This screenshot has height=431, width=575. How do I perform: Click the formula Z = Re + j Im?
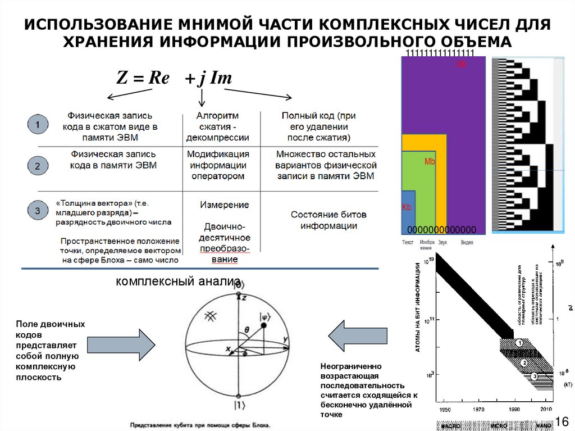pyautogui.click(x=174, y=78)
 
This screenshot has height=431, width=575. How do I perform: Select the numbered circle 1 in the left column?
pyautogui.click(x=37, y=125)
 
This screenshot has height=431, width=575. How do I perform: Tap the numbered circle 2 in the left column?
pyautogui.click(x=37, y=166)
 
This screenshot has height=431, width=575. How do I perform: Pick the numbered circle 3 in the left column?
pyautogui.click(x=37, y=211)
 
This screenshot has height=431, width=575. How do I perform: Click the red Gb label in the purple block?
pyautogui.click(x=461, y=65)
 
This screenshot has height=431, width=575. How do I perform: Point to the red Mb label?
pyautogui.click(x=430, y=162)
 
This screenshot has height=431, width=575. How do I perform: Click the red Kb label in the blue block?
pyautogui.click(x=407, y=207)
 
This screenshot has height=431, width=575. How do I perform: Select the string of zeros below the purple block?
pyautogui.click(x=441, y=230)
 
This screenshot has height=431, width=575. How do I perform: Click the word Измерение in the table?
pyautogui.click(x=224, y=205)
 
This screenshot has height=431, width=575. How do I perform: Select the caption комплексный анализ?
pyautogui.click(x=179, y=281)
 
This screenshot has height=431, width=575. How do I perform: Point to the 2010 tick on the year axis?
pyautogui.click(x=546, y=409)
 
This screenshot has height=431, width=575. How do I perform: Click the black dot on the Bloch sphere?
pyautogui.click(x=264, y=325)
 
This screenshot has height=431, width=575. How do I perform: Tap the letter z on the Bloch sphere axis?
pyautogui.click(x=244, y=298)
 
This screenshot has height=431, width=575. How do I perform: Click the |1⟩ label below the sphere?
pyautogui.click(x=239, y=403)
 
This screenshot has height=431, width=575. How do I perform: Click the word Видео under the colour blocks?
pyautogui.click(x=467, y=243)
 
